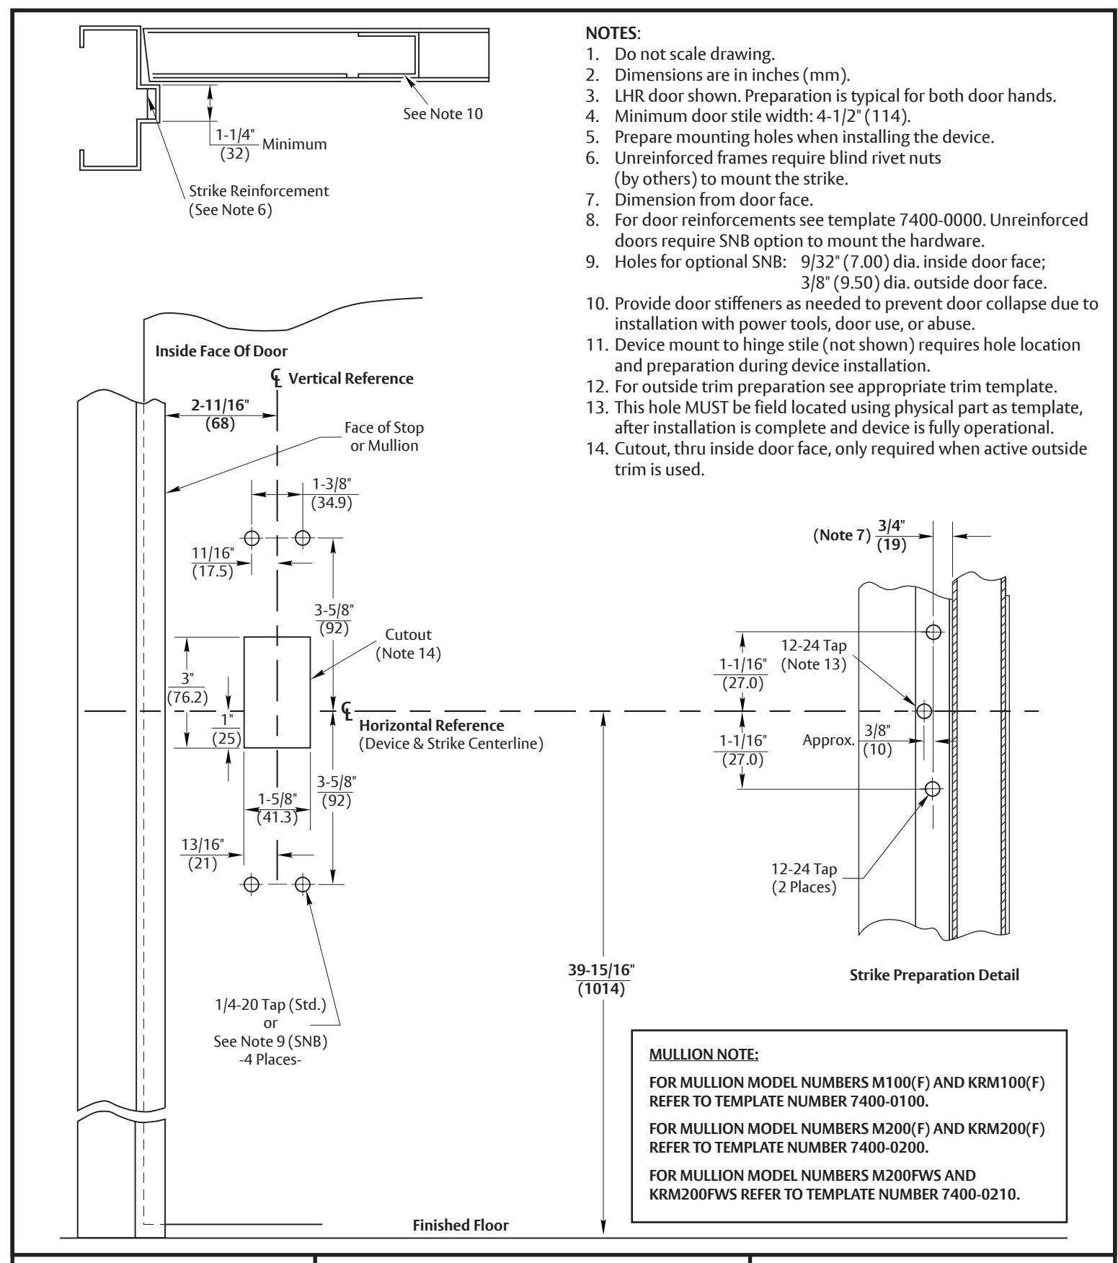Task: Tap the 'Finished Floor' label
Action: pyautogui.click(x=461, y=1225)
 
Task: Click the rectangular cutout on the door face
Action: pyautogui.click(x=278, y=692)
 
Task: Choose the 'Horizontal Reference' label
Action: pyautogui.click(x=432, y=725)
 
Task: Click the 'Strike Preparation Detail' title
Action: pyautogui.click(x=934, y=975)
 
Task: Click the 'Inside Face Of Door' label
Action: pyautogui.click(x=221, y=351)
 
